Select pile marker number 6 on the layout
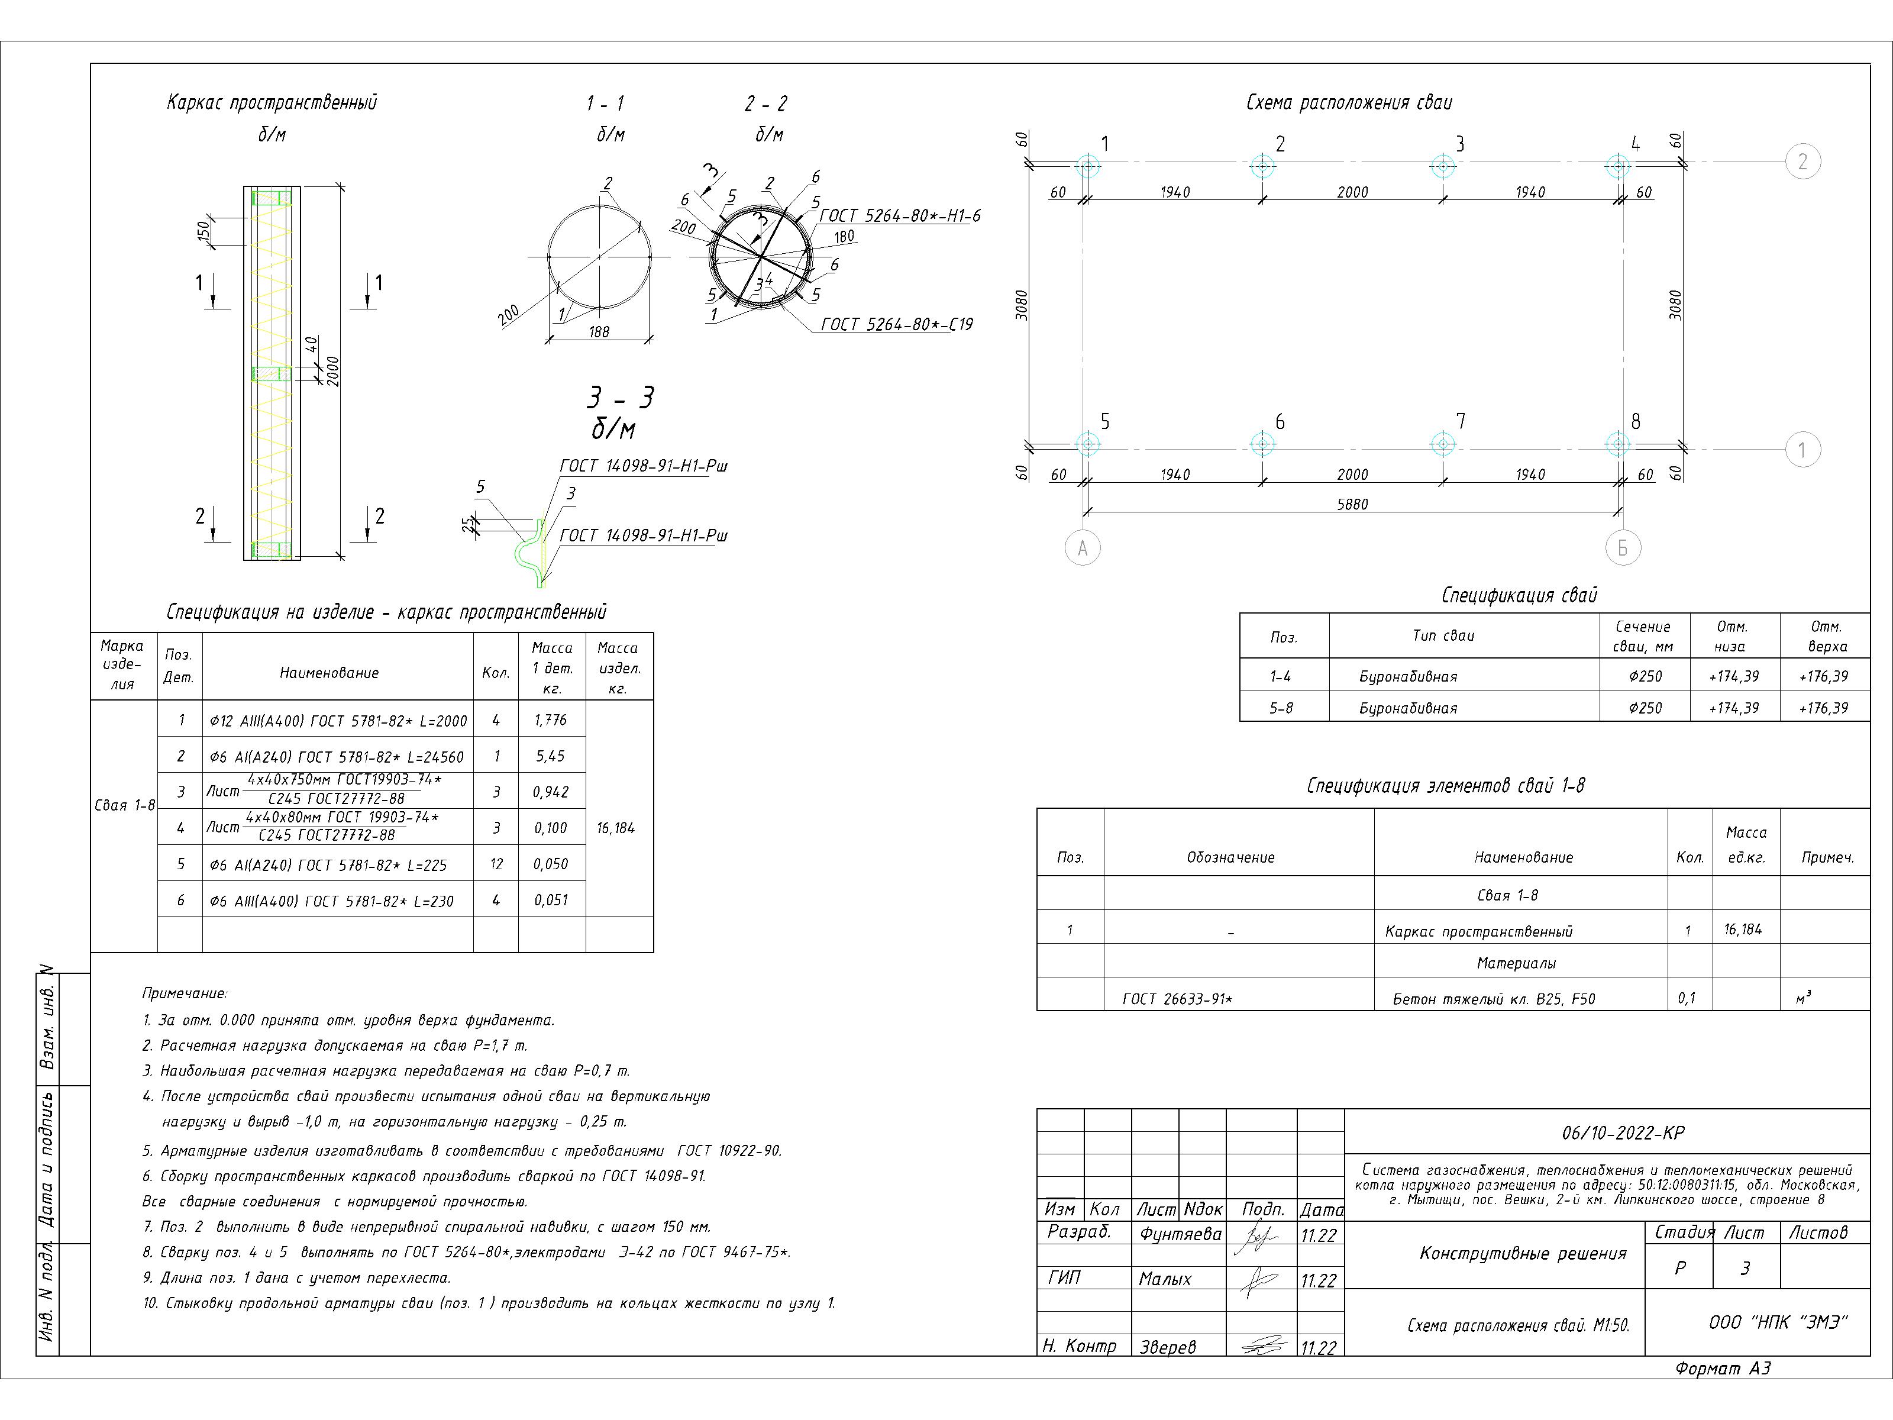1262,443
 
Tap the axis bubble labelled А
1083,548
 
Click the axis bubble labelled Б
1623,548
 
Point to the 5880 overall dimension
1352,504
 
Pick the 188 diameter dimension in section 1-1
599,331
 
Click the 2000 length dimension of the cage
333,370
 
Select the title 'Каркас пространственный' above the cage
272,103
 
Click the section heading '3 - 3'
621,398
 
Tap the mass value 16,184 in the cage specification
616,828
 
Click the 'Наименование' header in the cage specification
330,673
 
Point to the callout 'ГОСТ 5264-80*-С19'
896,324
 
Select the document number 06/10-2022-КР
1623,1132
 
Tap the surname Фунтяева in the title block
1180,1234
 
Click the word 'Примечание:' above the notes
185,994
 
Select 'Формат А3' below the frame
1723,1369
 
